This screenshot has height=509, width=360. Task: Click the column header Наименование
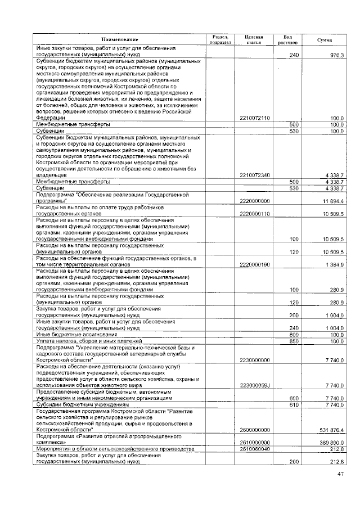click(120, 39)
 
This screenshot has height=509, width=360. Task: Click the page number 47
click(340, 475)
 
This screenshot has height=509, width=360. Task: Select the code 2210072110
click(255, 118)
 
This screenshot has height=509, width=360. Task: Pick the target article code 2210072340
click(255, 175)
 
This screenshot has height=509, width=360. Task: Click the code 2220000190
click(255, 264)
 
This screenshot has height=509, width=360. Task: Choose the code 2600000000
click(255, 430)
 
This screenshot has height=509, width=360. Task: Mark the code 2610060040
click(255, 449)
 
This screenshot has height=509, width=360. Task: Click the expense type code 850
click(293, 341)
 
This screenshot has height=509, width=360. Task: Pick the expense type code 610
click(293, 404)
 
